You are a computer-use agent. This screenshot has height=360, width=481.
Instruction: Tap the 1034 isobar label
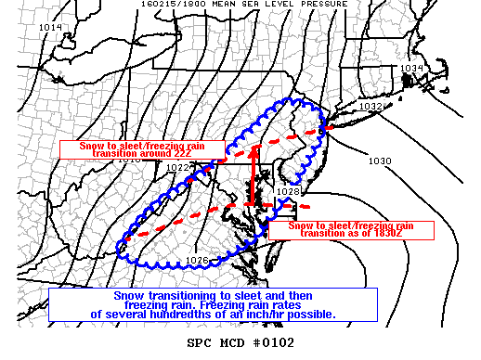[412, 69]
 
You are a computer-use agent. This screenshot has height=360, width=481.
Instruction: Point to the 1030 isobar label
[379, 161]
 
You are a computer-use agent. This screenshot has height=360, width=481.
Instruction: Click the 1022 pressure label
[178, 167]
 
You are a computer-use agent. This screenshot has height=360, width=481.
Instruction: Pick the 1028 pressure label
[289, 192]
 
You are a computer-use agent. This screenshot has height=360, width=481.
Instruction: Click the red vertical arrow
[253, 175]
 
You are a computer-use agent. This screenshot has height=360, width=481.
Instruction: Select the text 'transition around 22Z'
[143, 153]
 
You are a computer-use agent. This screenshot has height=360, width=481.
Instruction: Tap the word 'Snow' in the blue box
[130, 295]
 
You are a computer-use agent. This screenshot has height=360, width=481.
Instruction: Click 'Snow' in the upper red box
[80, 146]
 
